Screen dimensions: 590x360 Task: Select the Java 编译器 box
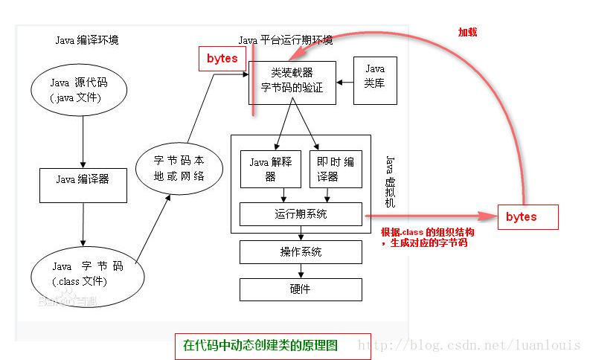click(x=83, y=185)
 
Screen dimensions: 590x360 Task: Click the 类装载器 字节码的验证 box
click(x=292, y=83)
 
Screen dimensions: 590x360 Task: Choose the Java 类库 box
click(x=375, y=80)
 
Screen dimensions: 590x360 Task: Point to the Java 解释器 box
click(x=271, y=169)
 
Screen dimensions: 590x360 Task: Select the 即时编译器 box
click(x=336, y=169)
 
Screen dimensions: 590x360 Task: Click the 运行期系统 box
click(x=301, y=214)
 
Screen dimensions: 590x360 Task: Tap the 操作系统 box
click(x=301, y=252)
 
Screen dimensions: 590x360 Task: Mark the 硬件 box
click(x=301, y=289)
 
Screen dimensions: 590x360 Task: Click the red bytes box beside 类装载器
click(x=222, y=59)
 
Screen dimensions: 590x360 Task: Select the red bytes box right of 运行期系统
click(x=528, y=217)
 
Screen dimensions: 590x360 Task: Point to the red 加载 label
click(x=467, y=32)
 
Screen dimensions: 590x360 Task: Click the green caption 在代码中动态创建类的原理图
click(x=260, y=345)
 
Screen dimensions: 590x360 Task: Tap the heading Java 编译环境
click(x=87, y=40)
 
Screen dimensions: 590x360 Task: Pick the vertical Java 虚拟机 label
click(x=390, y=181)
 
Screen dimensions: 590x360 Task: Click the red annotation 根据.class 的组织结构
click(x=428, y=232)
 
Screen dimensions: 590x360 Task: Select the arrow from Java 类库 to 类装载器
click(x=345, y=83)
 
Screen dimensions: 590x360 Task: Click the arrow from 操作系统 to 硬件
click(x=301, y=271)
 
